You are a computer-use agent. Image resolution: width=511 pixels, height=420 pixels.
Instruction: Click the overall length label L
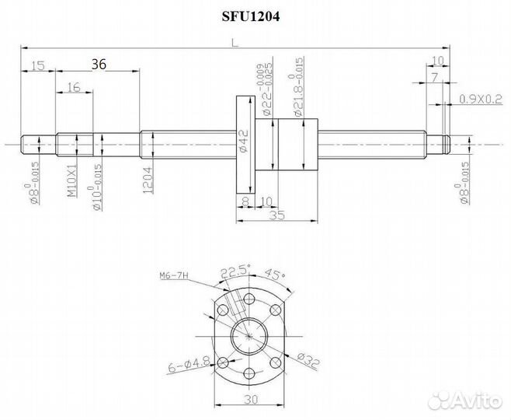[x=235, y=44]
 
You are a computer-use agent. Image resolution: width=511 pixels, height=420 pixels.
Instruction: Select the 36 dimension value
[x=99, y=65]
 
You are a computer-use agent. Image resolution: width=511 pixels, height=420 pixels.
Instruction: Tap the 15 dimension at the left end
[x=38, y=65]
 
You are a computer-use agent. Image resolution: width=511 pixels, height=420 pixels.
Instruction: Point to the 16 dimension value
[x=75, y=88]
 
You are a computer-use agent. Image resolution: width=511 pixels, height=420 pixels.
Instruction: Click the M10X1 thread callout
[x=71, y=180]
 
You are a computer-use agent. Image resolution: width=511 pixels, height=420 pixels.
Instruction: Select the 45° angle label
[x=274, y=275]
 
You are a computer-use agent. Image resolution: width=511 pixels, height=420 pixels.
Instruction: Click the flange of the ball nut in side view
[x=245, y=144]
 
